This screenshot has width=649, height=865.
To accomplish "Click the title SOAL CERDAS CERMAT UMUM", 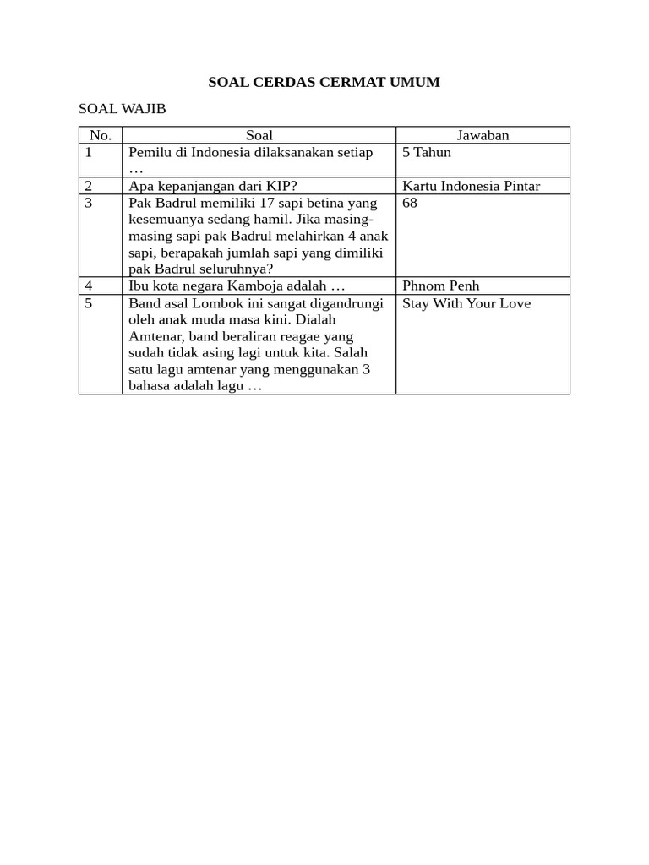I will [324, 83].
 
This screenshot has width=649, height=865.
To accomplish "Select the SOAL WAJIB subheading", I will [122, 109].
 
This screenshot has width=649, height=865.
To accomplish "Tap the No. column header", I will [101, 135].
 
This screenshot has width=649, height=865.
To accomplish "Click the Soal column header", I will [259, 135].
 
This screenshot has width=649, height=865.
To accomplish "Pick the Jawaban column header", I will [483, 135].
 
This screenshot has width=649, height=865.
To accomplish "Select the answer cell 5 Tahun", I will [427, 153].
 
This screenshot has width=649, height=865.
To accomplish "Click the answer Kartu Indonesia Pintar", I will [471, 186].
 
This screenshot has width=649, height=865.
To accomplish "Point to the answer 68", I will [410, 204].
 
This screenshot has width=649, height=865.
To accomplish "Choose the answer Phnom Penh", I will [440, 286].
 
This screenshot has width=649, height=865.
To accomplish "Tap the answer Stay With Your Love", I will [466, 303].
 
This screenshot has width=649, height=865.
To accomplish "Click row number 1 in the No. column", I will [89, 153].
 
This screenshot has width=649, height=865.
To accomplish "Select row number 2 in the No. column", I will [89, 186].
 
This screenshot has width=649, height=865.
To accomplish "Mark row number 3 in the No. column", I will [89, 204].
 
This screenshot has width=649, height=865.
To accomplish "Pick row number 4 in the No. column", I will [89, 286].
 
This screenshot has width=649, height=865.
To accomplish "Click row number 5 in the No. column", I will [89, 303].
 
